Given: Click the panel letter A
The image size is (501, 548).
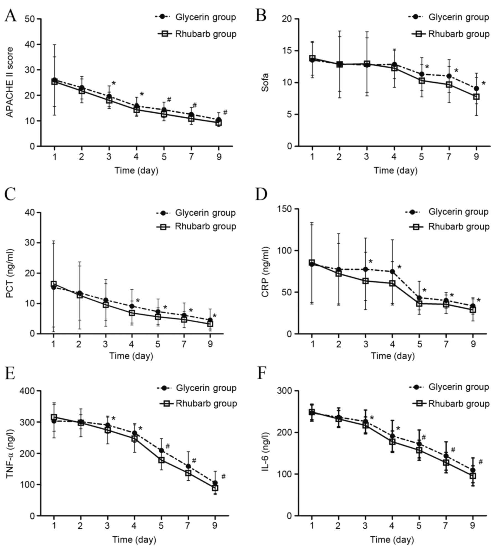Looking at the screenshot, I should (10, 15).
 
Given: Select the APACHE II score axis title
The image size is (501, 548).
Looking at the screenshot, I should (10, 82).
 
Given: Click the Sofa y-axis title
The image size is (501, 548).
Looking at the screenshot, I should (265, 82).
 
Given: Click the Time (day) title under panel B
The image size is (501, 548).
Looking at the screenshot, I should (395, 171).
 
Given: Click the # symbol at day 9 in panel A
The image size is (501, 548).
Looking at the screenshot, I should (225, 112).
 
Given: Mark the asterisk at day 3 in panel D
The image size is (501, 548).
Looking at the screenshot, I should (371, 261).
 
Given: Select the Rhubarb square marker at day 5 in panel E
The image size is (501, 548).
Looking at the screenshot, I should (161, 460).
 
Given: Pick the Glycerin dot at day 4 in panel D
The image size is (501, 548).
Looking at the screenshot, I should (392, 272).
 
